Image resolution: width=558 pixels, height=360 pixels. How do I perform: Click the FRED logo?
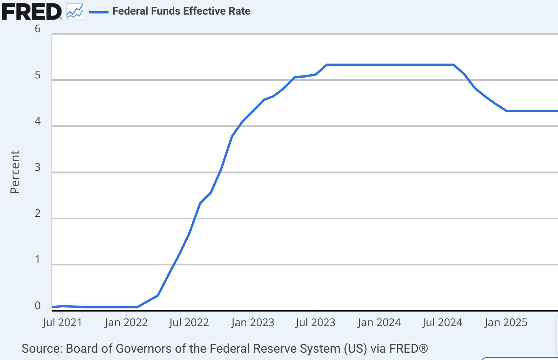point(32,12)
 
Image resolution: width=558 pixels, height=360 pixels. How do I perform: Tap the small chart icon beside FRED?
point(75,12)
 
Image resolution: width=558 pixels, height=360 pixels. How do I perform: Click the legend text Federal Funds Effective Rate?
point(181,11)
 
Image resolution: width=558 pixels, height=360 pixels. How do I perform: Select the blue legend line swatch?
point(99,12)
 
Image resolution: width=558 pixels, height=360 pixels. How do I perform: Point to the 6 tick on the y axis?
point(38,29)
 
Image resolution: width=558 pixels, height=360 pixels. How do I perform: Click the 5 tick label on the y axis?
point(38,75)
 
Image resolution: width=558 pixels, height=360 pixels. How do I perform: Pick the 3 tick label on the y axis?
point(38,167)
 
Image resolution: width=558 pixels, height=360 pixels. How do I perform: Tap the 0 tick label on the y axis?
point(38,306)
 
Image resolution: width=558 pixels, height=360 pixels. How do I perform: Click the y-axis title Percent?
point(15,172)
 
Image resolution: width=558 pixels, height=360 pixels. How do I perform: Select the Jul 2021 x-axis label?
point(62,322)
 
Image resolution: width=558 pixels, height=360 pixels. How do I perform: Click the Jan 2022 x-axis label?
point(126,322)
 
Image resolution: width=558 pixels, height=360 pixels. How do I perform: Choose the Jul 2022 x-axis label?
point(189,322)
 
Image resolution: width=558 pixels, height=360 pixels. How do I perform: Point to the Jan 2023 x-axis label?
point(252,322)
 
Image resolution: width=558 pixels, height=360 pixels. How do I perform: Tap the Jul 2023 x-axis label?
point(316,322)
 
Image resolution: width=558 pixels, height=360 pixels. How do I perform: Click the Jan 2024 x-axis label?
point(379,322)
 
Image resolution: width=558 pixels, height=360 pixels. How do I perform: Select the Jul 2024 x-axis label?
point(442,322)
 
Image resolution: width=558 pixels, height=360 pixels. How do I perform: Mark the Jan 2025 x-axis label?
point(506,322)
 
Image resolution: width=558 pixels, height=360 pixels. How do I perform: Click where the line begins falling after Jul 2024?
point(454,65)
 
